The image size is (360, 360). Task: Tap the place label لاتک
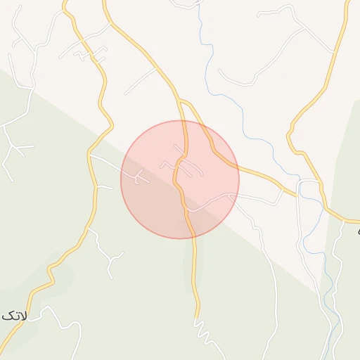click(14, 316)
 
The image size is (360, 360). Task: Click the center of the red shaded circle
click(180, 179)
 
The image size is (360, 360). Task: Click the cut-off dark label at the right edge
click(357, 231)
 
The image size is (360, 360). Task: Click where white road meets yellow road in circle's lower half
click(188, 210)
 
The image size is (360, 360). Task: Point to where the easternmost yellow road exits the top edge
click(347, 2)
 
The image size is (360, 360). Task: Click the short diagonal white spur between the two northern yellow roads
click(141, 81)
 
